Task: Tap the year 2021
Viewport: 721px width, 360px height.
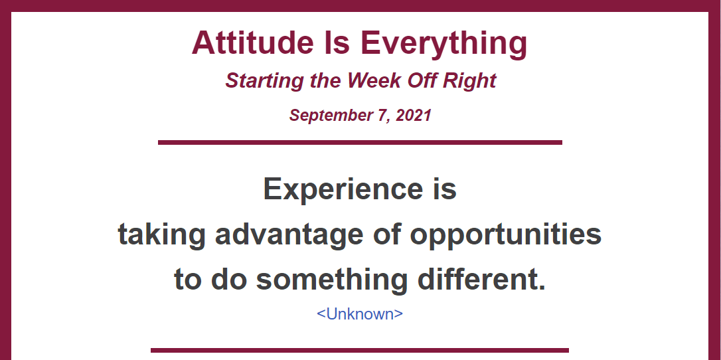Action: (414, 115)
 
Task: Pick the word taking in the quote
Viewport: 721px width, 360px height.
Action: (161, 235)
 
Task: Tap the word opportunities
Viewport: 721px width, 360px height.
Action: (505, 235)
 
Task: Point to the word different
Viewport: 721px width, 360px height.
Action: (481, 280)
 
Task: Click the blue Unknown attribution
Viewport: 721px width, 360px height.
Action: (360, 314)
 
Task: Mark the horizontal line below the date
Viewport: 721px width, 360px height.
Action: (360, 143)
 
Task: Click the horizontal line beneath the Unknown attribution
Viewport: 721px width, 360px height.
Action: (360, 350)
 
